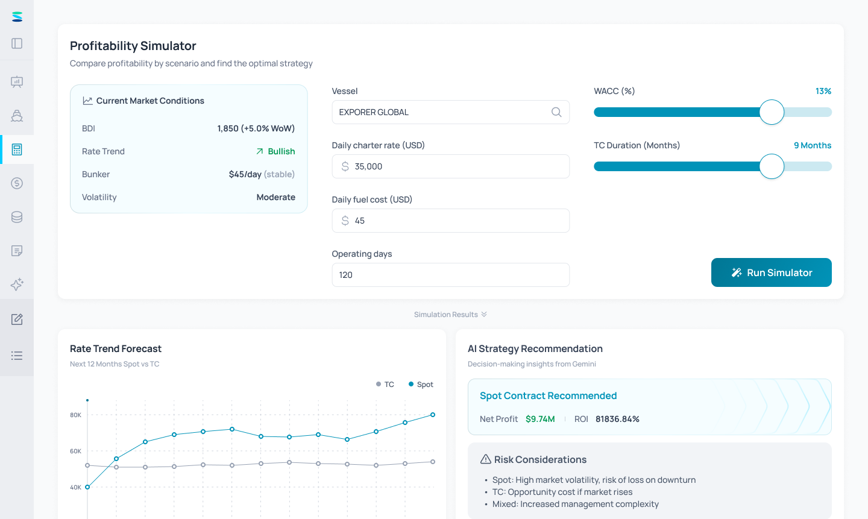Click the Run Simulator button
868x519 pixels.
pos(771,272)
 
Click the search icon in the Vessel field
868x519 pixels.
pos(556,112)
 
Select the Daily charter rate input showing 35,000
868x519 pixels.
pos(451,166)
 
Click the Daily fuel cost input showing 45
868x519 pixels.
pos(451,221)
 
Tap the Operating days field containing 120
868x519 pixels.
pos(451,275)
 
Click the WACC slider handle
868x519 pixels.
pos(772,112)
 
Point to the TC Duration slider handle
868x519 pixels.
pos(772,166)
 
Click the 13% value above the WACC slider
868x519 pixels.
pos(823,91)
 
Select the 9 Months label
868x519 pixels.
pos(813,145)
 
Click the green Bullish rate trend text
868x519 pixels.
pos(281,151)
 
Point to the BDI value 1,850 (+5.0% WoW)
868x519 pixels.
pos(256,128)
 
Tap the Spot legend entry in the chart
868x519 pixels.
pos(421,384)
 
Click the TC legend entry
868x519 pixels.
pos(385,384)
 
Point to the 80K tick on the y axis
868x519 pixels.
pos(75,415)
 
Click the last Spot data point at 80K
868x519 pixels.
pos(433,415)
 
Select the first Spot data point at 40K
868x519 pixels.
pos(87,487)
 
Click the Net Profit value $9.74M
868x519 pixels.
pos(540,419)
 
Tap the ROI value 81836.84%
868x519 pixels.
pos(617,419)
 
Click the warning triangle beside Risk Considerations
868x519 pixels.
pos(486,459)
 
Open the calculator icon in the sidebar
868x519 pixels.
pos(17,149)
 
